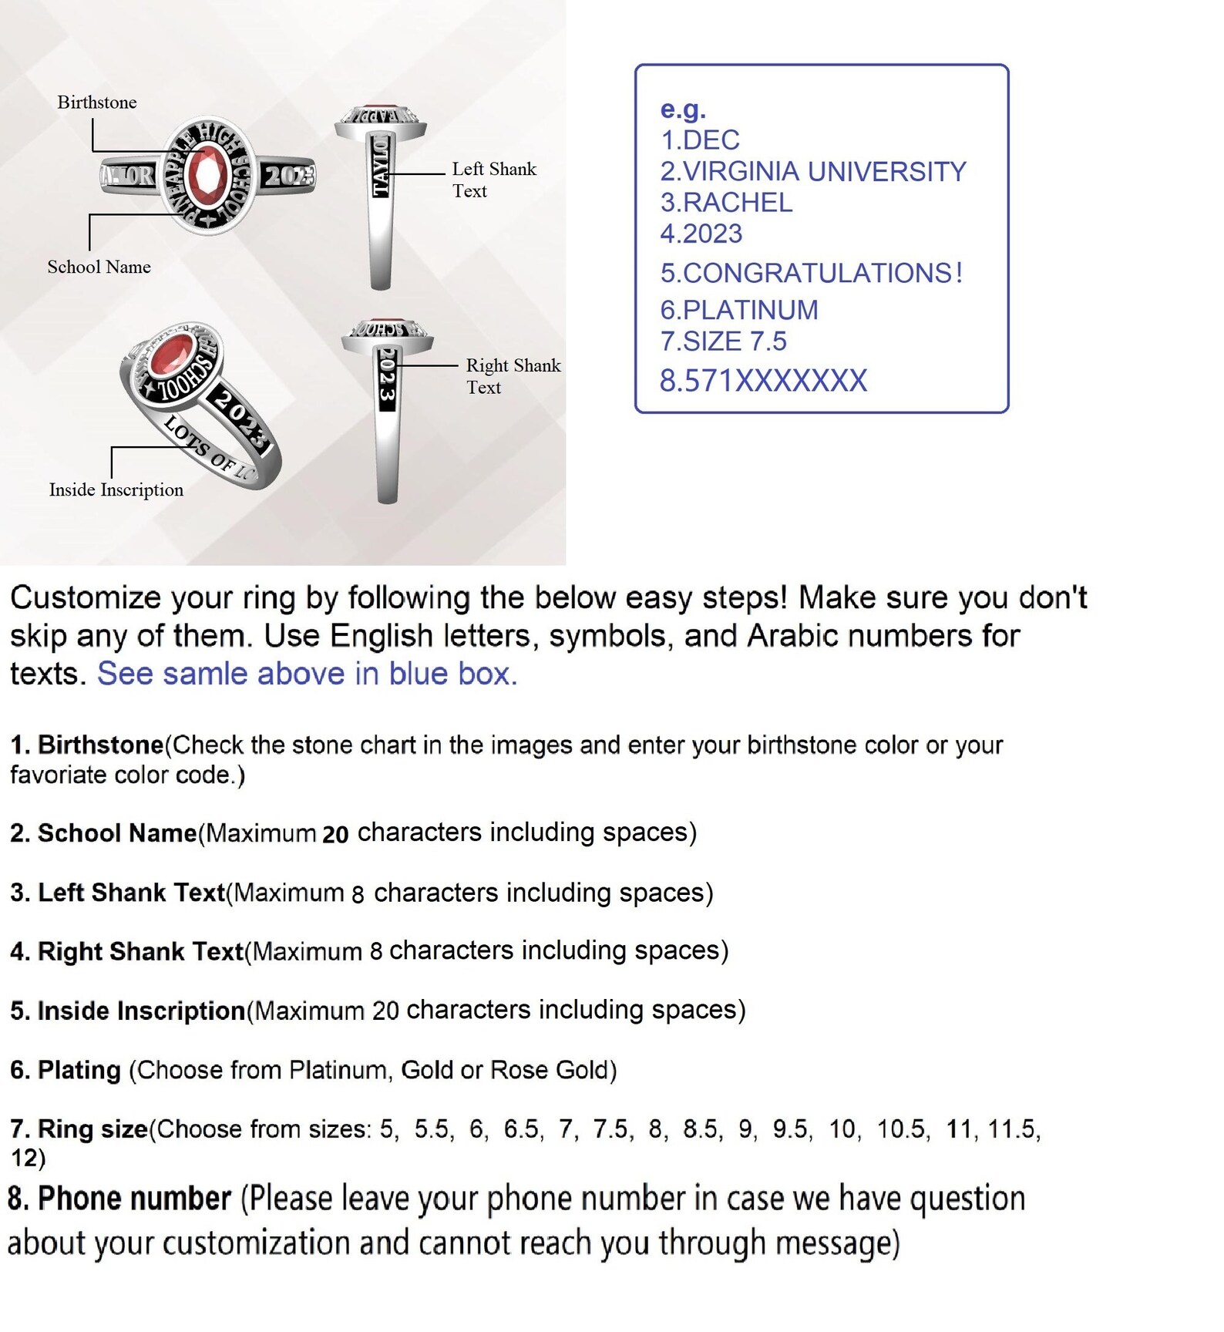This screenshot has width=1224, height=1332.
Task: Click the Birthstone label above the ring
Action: (x=97, y=103)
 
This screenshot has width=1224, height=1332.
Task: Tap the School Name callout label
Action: (x=99, y=267)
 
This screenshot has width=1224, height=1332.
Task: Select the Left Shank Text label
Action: (x=494, y=180)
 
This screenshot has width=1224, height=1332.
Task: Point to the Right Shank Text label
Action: (x=513, y=376)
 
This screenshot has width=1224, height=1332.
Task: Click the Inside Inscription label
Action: (x=116, y=489)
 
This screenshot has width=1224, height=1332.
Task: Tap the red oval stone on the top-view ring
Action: (x=207, y=175)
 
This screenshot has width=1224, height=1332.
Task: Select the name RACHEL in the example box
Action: (x=738, y=203)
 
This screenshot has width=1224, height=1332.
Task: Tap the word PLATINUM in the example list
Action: (x=751, y=310)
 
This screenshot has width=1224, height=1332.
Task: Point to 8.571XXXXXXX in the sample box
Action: (x=764, y=381)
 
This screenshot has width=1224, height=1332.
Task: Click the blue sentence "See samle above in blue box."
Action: (x=307, y=674)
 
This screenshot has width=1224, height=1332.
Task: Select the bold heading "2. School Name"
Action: (x=103, y=833)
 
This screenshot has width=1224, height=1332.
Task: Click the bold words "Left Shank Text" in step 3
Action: (x=132, y=893)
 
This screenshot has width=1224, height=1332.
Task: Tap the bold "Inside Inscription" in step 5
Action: (x=142, y=1011)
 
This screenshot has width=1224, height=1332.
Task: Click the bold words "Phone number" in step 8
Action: (x=135, y=1199)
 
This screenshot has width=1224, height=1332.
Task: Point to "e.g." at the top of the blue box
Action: (x=683, y=110)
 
